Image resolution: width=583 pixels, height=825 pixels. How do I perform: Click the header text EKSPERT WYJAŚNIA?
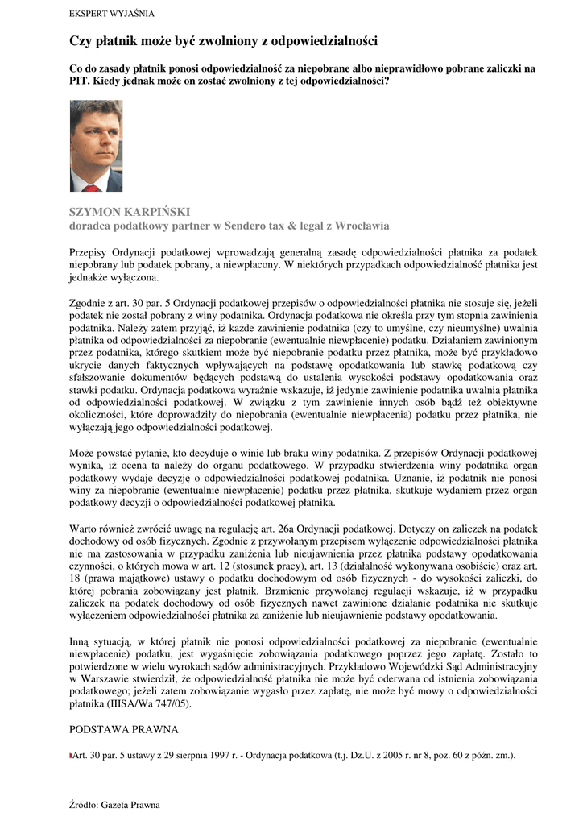[112, 14]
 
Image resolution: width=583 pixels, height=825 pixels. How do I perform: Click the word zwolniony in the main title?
[234, 40]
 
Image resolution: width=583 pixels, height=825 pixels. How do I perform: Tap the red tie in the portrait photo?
[92, 184]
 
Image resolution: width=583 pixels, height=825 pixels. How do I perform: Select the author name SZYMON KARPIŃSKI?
[125, 211]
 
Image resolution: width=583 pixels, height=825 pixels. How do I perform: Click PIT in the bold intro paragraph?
[80, 81]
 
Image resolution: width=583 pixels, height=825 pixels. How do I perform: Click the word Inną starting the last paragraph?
[81, 641]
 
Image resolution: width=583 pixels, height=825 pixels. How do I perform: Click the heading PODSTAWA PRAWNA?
[123, 729]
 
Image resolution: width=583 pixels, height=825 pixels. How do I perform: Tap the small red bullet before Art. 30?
[71, 756]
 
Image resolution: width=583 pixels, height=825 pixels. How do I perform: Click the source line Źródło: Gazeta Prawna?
[115, 805]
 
